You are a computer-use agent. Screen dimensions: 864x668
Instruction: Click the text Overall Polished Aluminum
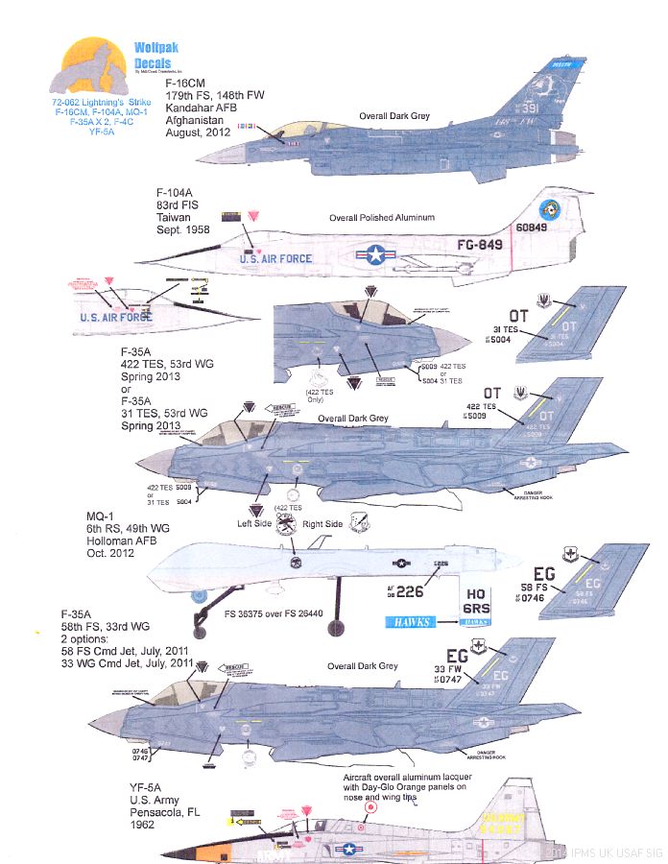[x=382, y=219]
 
